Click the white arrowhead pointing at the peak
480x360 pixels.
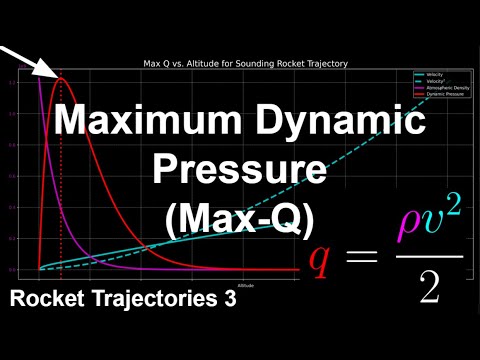tap(50, 71)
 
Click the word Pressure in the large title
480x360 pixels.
tap(239, 169)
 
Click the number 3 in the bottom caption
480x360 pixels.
tap(229, 299)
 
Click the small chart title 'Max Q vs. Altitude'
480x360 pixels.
tap(244, 64)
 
